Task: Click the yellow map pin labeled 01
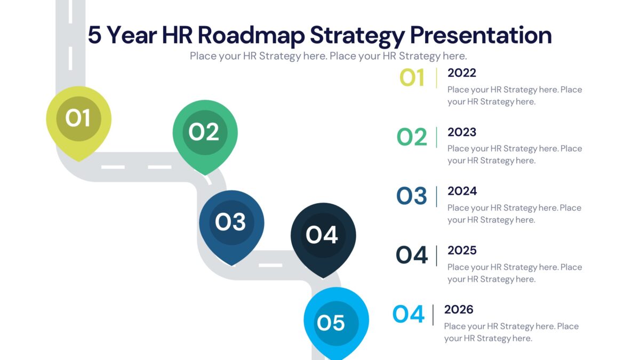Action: (x=78, y=118)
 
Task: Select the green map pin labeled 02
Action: (x=205, y=132)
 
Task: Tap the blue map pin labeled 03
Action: (x=231, y=222)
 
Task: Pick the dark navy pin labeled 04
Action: (x=323, y=235)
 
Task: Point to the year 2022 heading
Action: (x=461, y=73)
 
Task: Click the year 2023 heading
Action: (x=461, y=132)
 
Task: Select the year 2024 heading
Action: (x=462, y=191)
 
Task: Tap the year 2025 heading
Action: (x=462, y=251)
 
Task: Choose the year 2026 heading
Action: (x=459, y=310)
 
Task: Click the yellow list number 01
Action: (x=412, y=78)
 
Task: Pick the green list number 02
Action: (x=412, y=138)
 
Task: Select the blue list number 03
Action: (x=412, y=196)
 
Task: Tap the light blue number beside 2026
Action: (x=409, y=315)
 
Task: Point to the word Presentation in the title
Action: (x=481, y=36)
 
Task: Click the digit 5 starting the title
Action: (x=94, y=36)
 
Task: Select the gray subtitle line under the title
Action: (x=328, y=56)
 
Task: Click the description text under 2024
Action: (x=514, y=213)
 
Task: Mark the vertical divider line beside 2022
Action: (x=436, y=78)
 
